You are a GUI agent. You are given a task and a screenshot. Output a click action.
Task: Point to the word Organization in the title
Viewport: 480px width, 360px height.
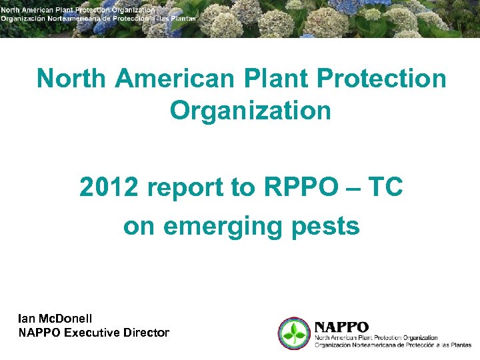(250, 111)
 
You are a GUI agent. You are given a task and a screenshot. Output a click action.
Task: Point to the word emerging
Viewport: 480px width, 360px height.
(221, 227)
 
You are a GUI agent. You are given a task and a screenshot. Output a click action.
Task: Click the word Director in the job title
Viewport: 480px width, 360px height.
(146, 333)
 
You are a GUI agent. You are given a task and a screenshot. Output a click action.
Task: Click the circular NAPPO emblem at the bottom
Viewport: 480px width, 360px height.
(293, 333)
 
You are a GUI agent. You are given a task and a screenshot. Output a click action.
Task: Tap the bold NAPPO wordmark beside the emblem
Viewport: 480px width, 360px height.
(341, 327)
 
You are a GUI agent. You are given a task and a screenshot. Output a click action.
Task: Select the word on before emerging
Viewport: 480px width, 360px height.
(139, 227)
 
